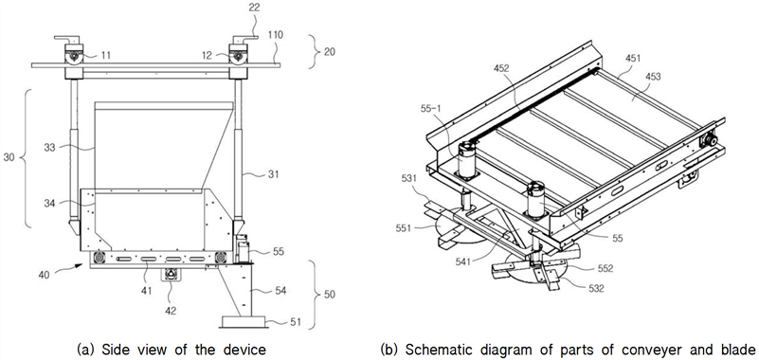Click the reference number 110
274,35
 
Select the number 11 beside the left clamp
106,55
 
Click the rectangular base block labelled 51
244,321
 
